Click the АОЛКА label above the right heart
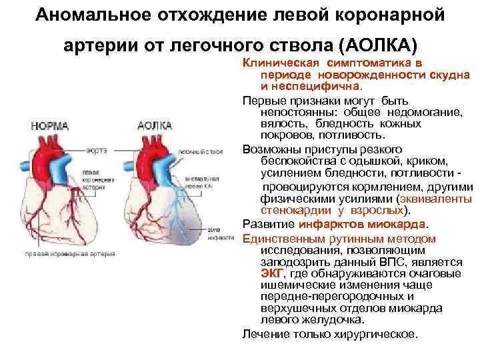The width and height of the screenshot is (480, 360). (x=154, y=125)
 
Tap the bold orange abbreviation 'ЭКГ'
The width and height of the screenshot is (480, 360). (x=272, y=274)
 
